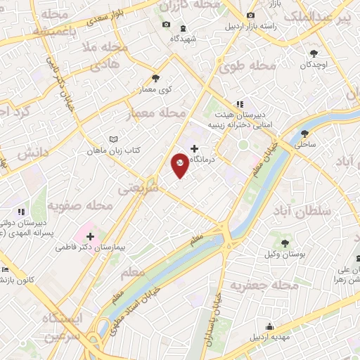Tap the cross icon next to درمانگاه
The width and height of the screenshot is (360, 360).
pos(195,148)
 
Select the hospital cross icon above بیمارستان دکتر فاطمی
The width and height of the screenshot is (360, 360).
pos(90,236)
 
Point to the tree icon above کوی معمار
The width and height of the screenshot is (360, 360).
pos(155,78)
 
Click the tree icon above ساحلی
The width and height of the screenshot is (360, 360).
pos(304,133)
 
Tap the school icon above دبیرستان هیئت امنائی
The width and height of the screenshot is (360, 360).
pos(239,103)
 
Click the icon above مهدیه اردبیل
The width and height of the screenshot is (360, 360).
pos(269,326)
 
